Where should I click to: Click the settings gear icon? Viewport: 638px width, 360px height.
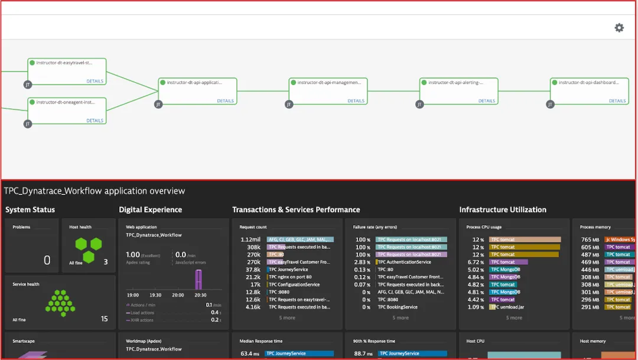point(619,28)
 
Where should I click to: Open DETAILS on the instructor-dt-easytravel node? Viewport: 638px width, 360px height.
point(95,82)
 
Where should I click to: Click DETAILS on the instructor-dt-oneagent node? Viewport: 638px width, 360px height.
point(95,121)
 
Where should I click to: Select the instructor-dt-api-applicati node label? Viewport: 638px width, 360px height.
point(194,83)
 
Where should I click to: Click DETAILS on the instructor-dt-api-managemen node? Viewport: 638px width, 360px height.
point(356,101)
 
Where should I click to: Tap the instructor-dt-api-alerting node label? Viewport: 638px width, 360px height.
point(455,83)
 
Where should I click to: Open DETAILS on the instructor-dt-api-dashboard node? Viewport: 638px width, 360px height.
point(617,101)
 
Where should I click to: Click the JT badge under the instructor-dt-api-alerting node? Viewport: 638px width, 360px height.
point(419,105)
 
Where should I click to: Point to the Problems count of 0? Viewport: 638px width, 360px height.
point(47,261)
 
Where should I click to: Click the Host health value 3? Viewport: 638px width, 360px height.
point(105,262)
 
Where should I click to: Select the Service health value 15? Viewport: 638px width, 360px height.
point(104,319)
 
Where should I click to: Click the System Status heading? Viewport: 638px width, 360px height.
point(30,210)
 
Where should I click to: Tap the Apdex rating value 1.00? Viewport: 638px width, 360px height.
point(133,255)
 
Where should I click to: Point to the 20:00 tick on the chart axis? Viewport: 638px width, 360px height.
point(177,295)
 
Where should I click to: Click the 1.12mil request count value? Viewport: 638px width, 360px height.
point(250,239)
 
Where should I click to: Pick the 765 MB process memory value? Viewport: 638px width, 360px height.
point(590,239)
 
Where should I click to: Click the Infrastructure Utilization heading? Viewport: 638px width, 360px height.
point(503,210)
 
